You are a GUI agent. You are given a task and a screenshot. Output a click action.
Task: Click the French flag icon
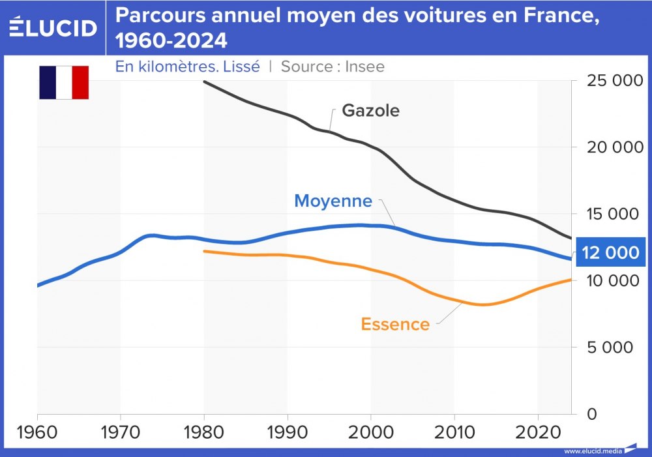coord(64,82)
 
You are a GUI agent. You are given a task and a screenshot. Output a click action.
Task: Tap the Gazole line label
coord(370,110)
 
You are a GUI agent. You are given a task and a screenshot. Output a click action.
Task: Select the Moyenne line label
coord(333,201)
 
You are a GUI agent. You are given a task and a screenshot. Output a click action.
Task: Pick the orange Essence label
coord(395,324)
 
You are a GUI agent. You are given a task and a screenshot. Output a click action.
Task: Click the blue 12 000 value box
coord(612,253)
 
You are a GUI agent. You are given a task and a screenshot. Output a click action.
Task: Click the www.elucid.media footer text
coord(593,451)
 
